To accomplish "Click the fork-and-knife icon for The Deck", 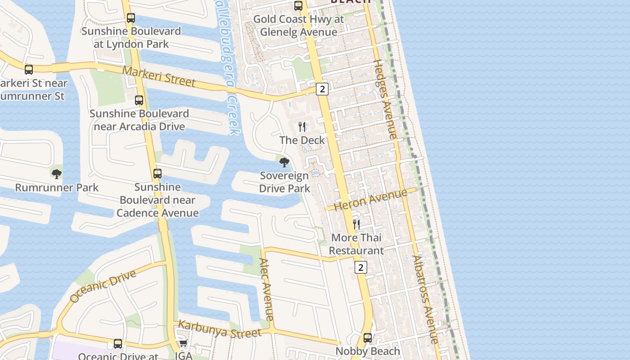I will tap(302, 127).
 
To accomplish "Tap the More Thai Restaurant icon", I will tap(356, 224).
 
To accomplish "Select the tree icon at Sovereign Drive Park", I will tap(284, 162).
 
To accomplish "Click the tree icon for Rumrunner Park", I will tap(56, 174).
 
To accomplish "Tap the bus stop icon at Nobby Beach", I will tap(368, 337).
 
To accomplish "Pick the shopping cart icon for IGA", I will tap(183, 344).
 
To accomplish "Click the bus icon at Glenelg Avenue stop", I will tap(298, 6).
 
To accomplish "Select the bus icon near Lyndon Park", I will tap(130, 18).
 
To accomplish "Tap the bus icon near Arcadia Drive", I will tap(139, 100).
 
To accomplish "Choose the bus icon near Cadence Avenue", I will tap(157, 174).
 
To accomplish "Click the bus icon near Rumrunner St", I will tap(29, 70).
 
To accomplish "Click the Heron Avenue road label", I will tap(372, 199).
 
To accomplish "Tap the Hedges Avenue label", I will tap(386, 99).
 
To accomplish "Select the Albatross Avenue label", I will tap(425, 299).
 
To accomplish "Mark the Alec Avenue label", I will tap(267, 289).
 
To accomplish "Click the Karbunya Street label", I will tap(220, 329).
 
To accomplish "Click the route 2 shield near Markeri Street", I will tap(322, 89).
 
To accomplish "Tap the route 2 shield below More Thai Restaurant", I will tap(360, 267).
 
